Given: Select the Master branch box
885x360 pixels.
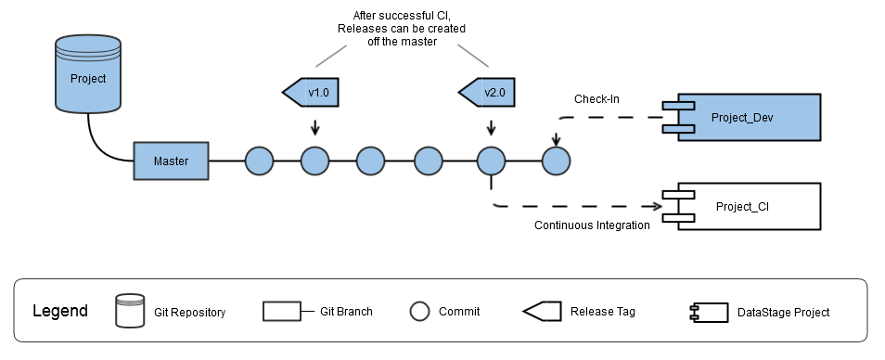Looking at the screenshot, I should (x=171, y=161).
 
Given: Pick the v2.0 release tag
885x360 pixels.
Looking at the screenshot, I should (x=489, y=94).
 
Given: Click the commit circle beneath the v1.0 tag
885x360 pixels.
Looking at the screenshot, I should (x=315, y=161).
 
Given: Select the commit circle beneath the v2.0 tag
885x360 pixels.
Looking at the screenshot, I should (x=490, y=161).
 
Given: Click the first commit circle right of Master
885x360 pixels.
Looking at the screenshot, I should (x=260, y=161).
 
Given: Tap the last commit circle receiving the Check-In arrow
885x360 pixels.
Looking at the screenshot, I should (x=556, y=161).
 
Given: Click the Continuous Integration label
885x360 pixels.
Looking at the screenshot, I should (x=592, y=225).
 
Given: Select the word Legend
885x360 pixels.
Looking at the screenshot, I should (x=60, y=311).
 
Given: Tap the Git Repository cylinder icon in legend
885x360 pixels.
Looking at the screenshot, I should (x=130, y=311).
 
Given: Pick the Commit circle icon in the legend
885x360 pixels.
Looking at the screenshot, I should (x=420, y=311).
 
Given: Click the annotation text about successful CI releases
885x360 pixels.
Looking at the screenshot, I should (x=402, y=29).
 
